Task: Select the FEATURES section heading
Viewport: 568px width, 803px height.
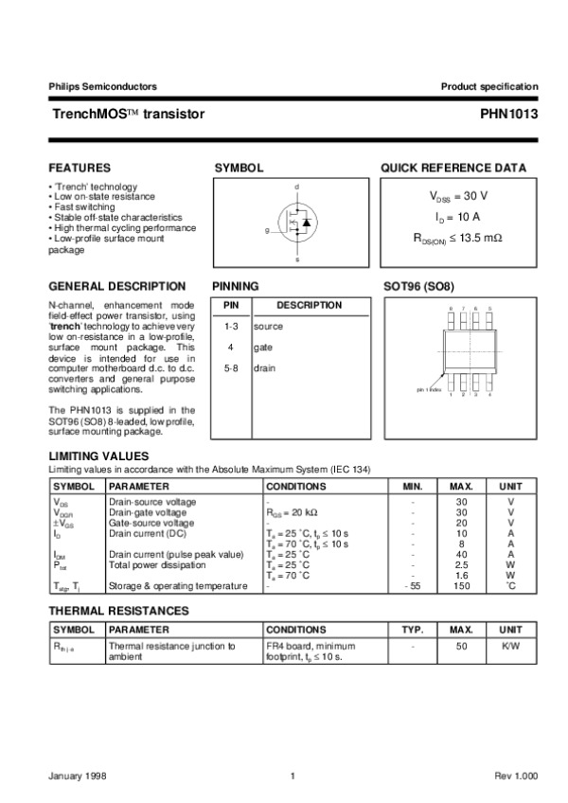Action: pos(80,168)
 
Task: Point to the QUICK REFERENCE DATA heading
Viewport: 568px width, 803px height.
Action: pos(453,168)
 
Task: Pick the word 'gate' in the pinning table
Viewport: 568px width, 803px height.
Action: pos(263,348)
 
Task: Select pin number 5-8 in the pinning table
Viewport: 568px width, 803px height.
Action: pos(230,368)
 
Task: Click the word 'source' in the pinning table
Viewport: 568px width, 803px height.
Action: pos(268,326)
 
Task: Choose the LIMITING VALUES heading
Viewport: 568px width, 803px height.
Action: pos(98,456)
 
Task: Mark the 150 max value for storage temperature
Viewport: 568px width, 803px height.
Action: pos(462,586)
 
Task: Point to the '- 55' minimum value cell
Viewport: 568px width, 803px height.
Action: pos(412,586)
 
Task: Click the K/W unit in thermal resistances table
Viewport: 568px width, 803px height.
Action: pos(510,647)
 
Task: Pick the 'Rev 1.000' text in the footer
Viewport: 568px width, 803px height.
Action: pos(516,776)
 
